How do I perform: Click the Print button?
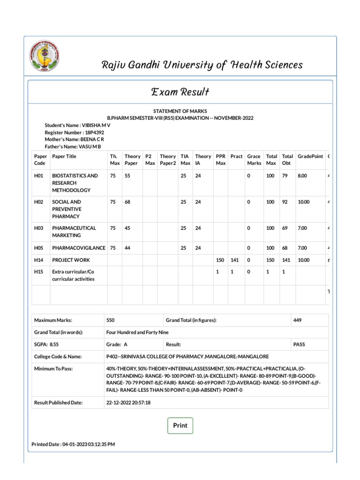(180, 426)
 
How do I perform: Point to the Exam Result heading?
(180, 92)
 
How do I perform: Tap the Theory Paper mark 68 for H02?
(127, 202)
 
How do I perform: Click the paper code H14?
(38, 260)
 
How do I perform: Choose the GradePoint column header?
(310, 157)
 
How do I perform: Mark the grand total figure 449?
(298, 320)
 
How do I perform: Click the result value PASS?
(299, 344)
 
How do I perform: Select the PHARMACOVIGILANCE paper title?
(79, 248)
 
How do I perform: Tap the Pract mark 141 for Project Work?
(235, 260)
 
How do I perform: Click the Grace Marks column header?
(254, 160)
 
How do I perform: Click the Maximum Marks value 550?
(111, 320)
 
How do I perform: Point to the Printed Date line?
(73, 444)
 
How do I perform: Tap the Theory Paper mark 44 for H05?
(127, 248)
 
